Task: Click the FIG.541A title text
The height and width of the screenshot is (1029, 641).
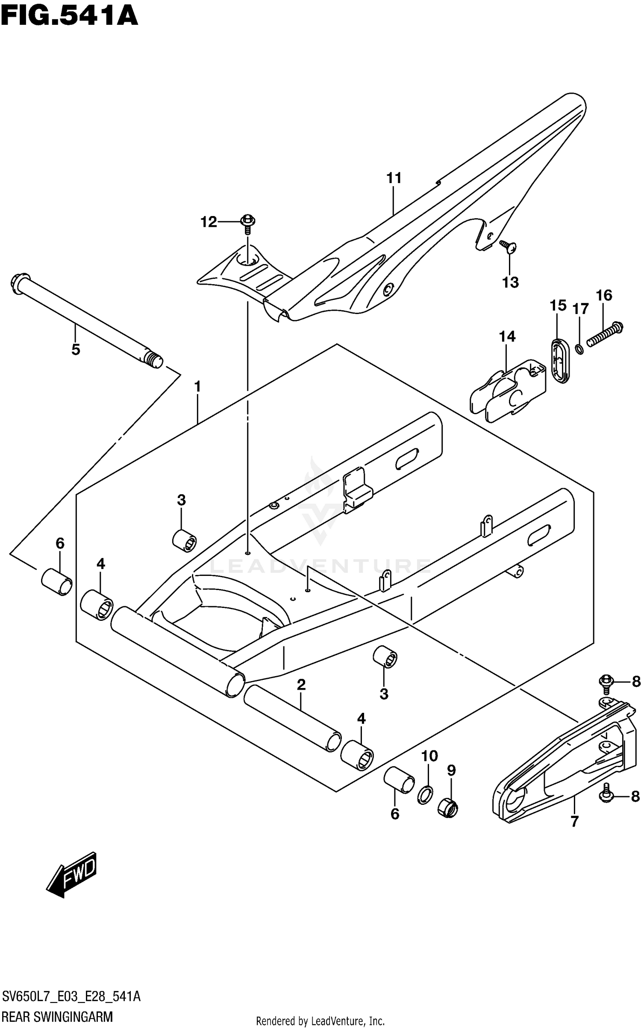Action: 69,17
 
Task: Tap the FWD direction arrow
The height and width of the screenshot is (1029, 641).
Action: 72,875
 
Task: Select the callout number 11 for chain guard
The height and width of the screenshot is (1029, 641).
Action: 394,178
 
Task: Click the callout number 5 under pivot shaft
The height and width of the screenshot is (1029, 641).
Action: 76,350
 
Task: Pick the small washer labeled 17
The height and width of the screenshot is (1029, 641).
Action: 579,350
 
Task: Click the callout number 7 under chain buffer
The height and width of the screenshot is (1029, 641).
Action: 574,821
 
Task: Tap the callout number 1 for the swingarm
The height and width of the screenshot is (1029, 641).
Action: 197,387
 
